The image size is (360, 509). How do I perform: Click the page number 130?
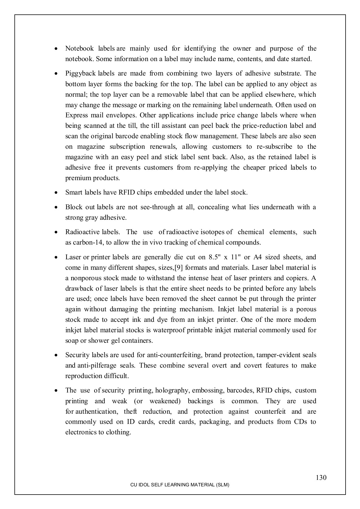tap(321, 478)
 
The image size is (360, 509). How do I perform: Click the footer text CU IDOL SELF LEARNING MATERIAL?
tap(180, 485)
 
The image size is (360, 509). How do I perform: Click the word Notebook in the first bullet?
tap(79, 48)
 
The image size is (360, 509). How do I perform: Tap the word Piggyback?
tap(80, 74)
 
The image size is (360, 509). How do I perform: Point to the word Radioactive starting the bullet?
tap(82, 232)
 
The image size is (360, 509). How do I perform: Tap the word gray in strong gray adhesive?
tap(91, 218)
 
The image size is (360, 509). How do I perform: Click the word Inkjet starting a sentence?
tap(226, 309)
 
